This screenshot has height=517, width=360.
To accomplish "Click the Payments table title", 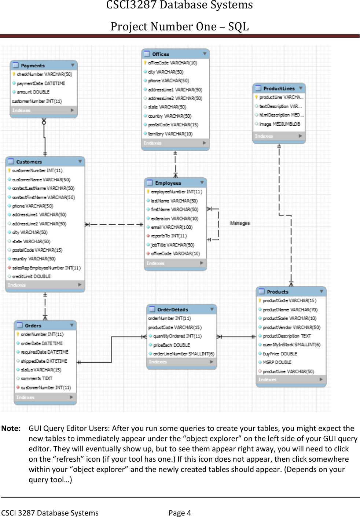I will click(x=33, y=66).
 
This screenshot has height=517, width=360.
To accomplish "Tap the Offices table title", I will click(x=161, y=54).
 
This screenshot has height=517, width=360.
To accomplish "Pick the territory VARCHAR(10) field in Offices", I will click(x=170, y=134).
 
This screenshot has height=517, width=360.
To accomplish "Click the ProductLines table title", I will click(x=279, y=89).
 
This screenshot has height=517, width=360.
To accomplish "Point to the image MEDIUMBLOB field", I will click(x=279, y=124).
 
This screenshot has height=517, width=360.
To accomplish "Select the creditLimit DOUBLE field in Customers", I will click(x=31, y=277).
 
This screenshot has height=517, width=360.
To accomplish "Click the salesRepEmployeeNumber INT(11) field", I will click(x=46, y=268).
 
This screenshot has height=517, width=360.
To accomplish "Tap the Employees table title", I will click(x=168, y=183).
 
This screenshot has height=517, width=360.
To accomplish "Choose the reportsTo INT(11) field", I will click(x=169, y=236).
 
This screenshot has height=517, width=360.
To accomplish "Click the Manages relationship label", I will click(x=240, y=223).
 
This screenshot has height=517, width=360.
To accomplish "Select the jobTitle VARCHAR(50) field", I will click(x=172, y=245).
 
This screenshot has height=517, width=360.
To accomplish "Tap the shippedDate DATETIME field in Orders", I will click(x=44, y=361).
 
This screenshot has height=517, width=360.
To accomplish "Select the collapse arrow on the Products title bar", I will click(x=321, y=292).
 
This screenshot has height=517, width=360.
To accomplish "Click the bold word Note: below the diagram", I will click(x=11, y=428).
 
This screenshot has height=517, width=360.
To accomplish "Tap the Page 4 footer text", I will click(x=180, y=513).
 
